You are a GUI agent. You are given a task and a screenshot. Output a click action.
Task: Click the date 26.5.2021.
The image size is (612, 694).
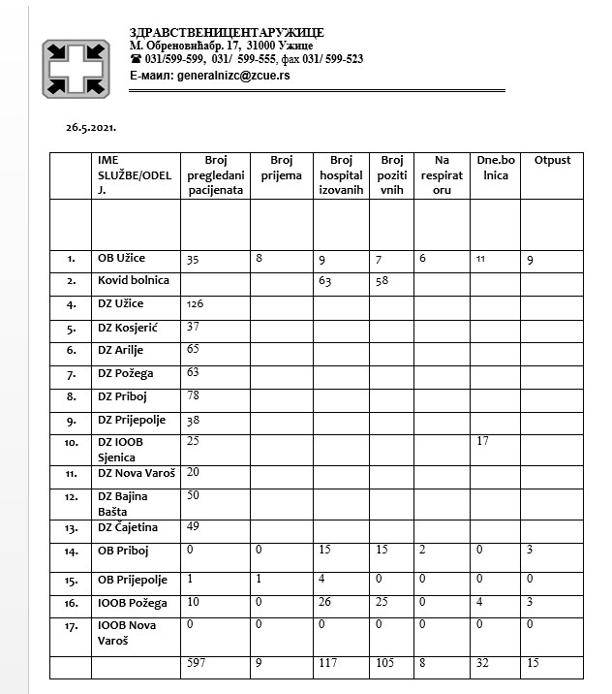[91, 127]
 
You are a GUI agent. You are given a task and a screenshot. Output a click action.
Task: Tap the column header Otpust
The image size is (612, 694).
[552, 160]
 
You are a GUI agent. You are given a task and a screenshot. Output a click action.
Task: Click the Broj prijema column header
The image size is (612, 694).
[281, 168]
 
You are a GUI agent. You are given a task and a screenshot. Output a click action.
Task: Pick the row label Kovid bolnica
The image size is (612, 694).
[134, 280]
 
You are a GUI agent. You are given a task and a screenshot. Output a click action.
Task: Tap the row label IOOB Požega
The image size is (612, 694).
[134, 602]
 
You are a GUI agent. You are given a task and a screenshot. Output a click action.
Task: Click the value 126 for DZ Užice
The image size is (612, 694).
[197, 303]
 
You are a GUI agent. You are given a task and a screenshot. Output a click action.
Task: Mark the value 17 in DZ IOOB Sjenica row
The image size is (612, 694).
[485, 443]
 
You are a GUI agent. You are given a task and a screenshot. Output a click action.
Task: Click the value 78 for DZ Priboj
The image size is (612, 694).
[193, 396]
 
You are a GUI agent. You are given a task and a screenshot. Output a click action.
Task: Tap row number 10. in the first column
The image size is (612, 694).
[73, 444]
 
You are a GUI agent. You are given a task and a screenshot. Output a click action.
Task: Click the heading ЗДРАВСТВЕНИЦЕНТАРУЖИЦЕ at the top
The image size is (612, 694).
[227, 33]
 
